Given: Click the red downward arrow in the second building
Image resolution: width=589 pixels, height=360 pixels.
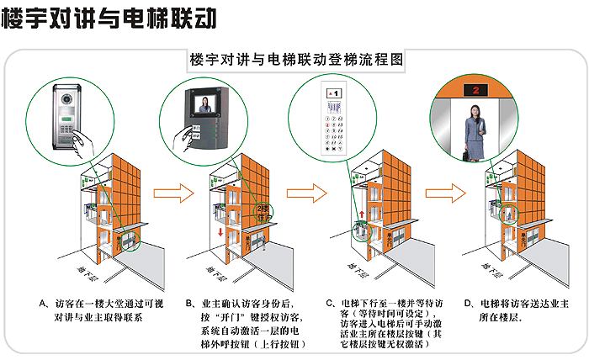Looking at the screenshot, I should point(220,231).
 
